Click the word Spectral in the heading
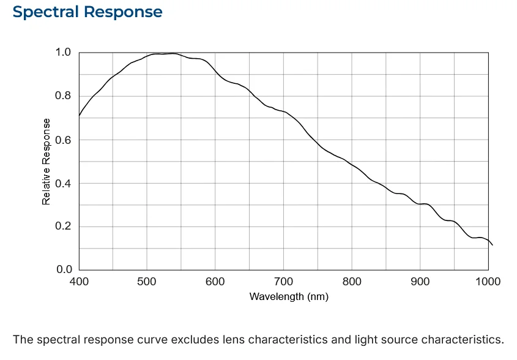point(45,12)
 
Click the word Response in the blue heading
point(123,12)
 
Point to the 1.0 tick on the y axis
point(63,52)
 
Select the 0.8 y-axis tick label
point(63,96)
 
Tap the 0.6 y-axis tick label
point(63,140)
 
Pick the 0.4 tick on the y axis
point(63,183)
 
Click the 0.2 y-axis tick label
point(63,226)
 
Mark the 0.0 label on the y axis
point(64,269)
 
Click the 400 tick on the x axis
point(79,282)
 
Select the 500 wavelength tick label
point(147,282)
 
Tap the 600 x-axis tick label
point(215,282)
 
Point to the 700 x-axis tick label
point(283,282)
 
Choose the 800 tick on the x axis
point(352,282)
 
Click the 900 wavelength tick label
point(420,282)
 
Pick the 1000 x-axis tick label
point(488,282)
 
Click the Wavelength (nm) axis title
point(289,297)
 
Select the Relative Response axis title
point(46,162)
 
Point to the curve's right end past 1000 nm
point(493,245)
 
